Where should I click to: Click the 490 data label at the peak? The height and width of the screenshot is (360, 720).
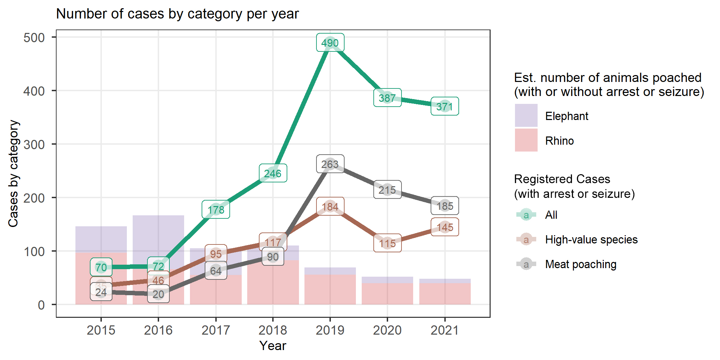330,43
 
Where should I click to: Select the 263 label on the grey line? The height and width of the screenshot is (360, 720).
330,164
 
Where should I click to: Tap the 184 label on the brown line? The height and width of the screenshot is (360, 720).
330,206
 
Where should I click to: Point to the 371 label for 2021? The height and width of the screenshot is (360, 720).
445,106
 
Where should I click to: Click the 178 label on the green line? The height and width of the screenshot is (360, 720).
216,209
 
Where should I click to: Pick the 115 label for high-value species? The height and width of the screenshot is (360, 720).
387,243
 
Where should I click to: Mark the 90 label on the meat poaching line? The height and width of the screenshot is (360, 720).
273,256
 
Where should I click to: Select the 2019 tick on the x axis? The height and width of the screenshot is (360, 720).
330,330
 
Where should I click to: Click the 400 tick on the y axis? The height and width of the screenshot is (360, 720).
34,91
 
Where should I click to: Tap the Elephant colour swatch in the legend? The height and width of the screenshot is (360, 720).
526,116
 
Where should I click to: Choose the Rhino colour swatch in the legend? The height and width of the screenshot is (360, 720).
526,140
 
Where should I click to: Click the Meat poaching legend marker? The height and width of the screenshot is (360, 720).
526,264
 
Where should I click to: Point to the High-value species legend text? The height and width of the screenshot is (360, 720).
591,239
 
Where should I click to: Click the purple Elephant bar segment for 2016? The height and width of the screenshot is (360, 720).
158,240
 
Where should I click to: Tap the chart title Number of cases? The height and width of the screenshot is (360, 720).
177,14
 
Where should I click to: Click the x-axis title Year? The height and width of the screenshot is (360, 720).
273,346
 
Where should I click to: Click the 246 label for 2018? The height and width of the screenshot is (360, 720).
273,173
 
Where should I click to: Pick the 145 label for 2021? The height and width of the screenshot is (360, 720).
445,227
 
